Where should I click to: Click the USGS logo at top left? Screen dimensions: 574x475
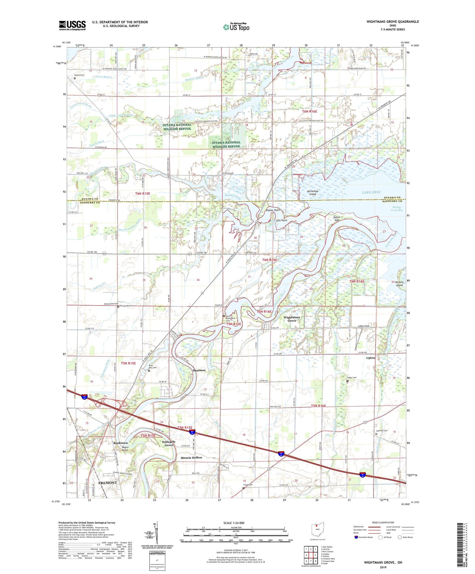(x=72, y=25)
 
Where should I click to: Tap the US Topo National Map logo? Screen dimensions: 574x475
(x=236, y=27)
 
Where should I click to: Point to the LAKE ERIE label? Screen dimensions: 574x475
(x=371, y=192)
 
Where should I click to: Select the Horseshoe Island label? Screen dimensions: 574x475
(x=313, y=192)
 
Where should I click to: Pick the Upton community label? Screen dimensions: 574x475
(x=370, y=358)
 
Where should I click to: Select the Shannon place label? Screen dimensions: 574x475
(x=199, y=370)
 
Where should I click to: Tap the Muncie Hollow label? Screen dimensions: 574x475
(x=191, y=457)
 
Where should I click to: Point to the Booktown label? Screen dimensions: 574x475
(x=120, y=443)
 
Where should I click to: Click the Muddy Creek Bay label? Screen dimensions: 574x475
(x=396, y=208)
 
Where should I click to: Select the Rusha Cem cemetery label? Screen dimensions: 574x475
(x=79, y=75)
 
